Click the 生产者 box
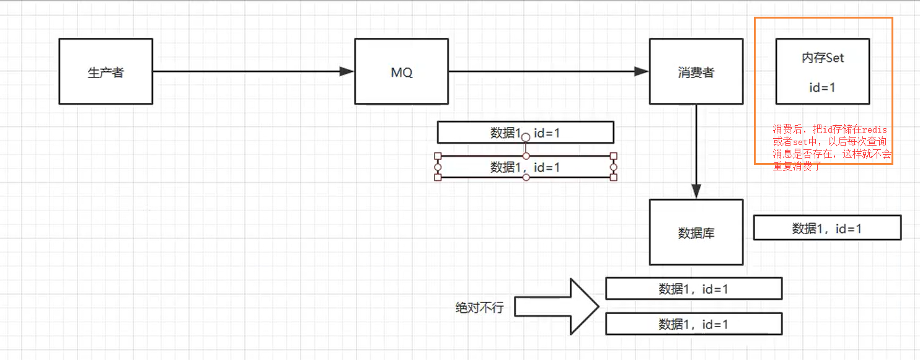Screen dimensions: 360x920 click(105, 71)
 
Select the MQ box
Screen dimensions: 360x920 click(401, 71)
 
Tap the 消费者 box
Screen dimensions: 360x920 click(696, 71)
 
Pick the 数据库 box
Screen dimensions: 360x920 click(696, 232)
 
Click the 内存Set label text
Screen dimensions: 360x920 click(823, 58)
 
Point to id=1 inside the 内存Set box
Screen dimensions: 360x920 click(823, 87)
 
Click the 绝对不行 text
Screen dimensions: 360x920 click(480, 308)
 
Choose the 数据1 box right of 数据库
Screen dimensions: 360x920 click(827, 228)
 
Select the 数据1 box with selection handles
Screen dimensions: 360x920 click(525, 167)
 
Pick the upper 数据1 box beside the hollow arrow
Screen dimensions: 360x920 click(694, 289)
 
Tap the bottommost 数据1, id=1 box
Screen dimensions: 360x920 click(694, 324)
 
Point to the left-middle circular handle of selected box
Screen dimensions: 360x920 click(438, 167)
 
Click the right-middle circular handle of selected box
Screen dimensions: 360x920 click(614, 167)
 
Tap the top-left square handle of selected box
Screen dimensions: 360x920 click(438, 156)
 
